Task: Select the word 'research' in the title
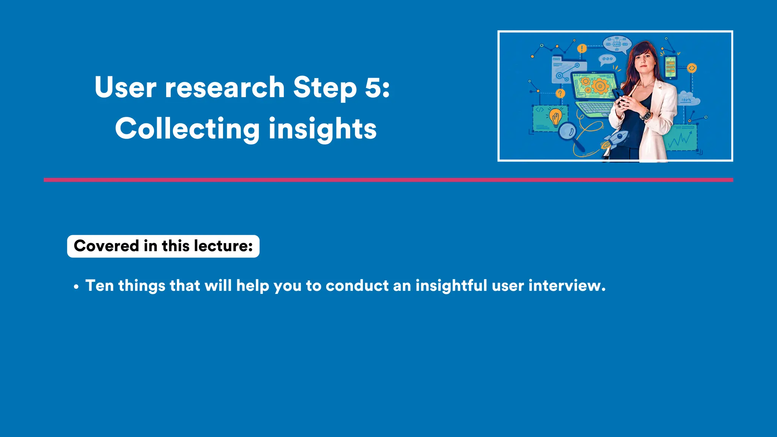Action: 225,87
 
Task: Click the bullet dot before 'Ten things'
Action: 76,287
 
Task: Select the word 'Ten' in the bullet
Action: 99,286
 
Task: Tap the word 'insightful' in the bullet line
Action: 451,286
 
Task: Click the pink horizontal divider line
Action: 388,180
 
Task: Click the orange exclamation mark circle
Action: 582,49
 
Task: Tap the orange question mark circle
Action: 560,93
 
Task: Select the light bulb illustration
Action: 555,117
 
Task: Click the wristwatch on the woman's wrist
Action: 645,114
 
